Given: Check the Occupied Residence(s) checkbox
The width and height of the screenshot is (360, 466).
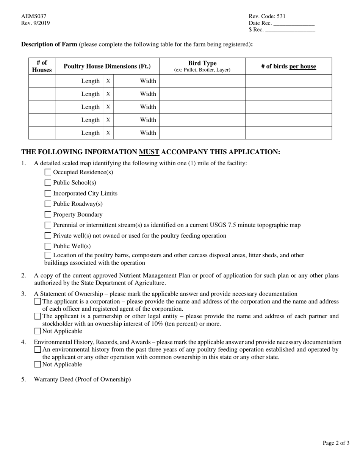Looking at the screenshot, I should coord(48,172).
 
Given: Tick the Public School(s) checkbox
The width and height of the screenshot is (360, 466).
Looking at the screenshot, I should coord(48,183).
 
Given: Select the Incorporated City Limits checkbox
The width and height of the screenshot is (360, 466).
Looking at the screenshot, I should coord(48,193).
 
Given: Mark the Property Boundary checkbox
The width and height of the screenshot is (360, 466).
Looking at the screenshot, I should coord(48,214).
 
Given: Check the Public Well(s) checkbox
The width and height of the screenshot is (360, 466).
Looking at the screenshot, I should coord(48,246).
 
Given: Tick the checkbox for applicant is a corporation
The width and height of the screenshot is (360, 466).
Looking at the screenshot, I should coord(38,302).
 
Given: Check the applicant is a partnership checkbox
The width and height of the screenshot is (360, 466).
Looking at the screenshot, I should coord(38,316).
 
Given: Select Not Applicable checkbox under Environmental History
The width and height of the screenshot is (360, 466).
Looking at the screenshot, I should coord(38,364).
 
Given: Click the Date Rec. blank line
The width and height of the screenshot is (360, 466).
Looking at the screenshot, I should coord(294,23).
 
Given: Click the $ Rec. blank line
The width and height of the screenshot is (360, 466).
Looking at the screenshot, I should coord(290,30).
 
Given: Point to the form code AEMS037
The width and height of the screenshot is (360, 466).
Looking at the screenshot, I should coord(34,16).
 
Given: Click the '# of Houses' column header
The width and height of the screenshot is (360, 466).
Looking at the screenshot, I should coord(42,66).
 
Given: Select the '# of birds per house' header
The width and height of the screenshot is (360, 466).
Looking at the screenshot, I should coord(288,66).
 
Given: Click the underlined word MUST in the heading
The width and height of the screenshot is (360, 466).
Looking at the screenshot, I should coord(149,152).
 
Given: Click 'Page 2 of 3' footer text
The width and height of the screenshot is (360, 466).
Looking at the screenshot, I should coord(336,443).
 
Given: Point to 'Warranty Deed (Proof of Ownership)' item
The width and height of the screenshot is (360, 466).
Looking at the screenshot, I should coord(82,379).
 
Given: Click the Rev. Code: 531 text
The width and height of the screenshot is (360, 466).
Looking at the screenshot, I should coord(267,16).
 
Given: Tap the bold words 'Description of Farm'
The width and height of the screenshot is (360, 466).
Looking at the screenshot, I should coord(49,44).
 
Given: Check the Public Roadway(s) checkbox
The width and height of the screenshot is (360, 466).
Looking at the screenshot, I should coord(48,204).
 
